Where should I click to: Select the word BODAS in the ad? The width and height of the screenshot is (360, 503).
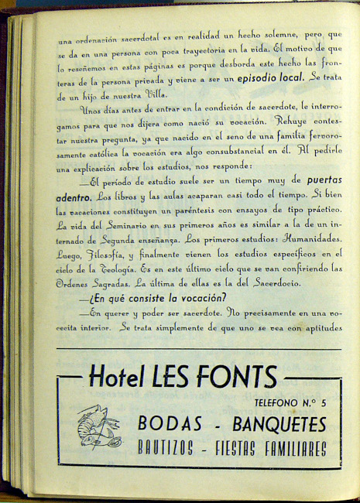(x=170, y=423)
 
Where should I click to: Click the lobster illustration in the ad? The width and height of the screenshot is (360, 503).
(x=98, y=427)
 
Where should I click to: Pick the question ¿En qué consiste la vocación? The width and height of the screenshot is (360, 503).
(x=157, y=298)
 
